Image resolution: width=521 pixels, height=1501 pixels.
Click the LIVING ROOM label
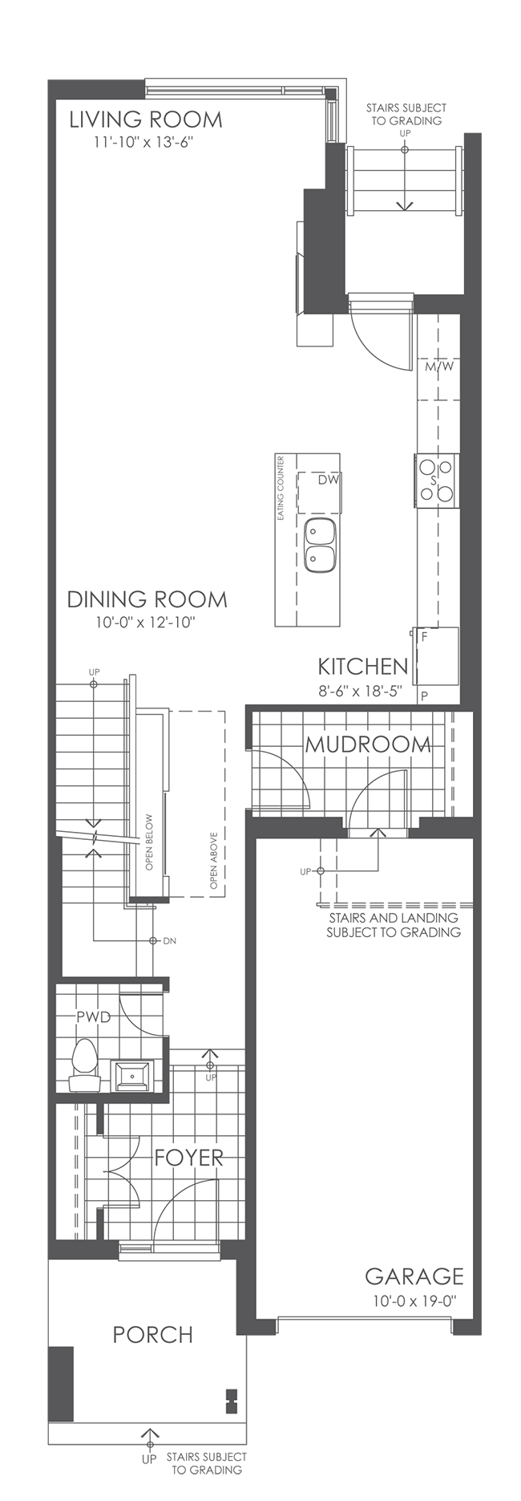pos(145,120)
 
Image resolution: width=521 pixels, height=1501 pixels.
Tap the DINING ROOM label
pos(147,599)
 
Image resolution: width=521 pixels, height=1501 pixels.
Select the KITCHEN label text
pos(362,667)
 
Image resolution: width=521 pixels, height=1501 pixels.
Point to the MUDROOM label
pos(368,744)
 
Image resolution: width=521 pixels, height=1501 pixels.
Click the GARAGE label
pos(414,1276)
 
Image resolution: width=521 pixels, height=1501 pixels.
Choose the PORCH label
pos(152,1334)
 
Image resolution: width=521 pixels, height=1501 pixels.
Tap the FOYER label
pos(188,1158)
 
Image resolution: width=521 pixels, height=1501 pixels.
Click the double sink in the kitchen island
pos(321,545)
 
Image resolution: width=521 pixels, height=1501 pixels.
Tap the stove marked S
pos(435,480)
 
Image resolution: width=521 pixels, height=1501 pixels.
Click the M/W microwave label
pos(438,367)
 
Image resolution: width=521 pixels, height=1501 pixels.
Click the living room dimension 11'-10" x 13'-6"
pos(143,143)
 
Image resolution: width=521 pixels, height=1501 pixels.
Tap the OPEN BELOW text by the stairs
pos(149,842)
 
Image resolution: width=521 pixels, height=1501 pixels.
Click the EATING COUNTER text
pos(281,489)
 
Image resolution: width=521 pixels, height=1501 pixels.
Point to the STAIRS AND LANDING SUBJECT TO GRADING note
pos(393,925)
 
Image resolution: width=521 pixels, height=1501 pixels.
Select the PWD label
pos(93,1016)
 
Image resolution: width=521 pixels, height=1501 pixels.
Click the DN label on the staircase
pos(169,940)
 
